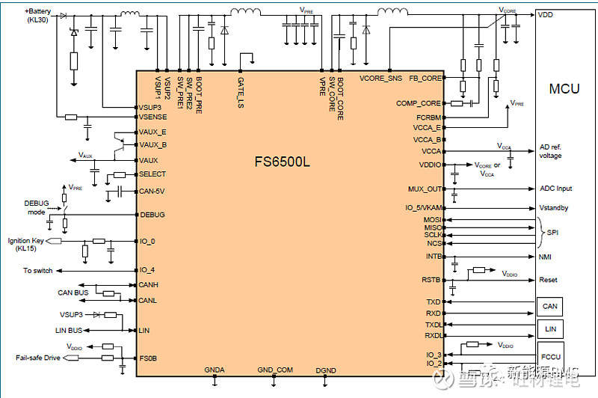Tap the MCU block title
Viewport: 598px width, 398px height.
click(x=564, y=89)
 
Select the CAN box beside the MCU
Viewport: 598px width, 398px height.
click(x=549, y=306)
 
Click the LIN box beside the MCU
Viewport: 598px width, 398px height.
click(x=549, y=328)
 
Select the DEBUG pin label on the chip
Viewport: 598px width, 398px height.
click(x=152, y=215)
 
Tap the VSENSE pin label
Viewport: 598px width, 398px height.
click(x=153, y=117)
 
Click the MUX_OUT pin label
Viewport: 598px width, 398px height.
click(x=425, y=189)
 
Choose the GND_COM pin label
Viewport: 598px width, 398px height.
click(x=274, y=370)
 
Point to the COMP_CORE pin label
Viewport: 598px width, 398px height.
click(x=419, y=103)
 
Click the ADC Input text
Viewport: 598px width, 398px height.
click(x=555, y=189)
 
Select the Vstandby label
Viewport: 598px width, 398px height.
click(x=554, y=207)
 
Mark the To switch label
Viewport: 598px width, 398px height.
click(x=37, y=270)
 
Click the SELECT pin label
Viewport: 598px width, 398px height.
click(x=152, y=174)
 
